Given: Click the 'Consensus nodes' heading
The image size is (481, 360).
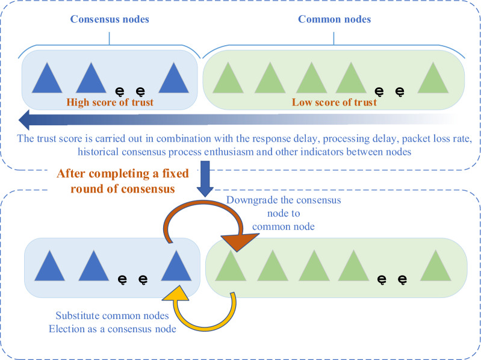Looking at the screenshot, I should coord(110,19).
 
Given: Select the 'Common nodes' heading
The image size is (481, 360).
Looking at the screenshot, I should coord(334,19).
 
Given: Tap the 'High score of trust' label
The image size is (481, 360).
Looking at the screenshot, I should coord(111,102).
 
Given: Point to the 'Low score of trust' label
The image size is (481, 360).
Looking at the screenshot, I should coord(334,102).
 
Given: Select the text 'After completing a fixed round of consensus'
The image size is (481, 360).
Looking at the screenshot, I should coord(123,181).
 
